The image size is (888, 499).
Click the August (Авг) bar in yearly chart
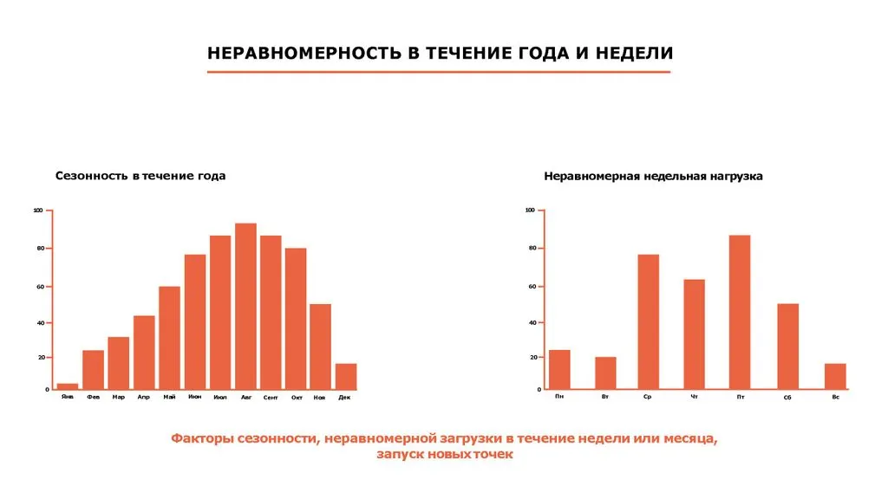(245, 307)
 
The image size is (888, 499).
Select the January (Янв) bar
(68, 386)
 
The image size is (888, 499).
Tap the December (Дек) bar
(345, 377)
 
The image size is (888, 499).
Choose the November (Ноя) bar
(320, 347)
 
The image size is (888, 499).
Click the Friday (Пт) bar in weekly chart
(739, 313)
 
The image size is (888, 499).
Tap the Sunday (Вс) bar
(835, 377)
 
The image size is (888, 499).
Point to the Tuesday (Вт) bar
(605, 373)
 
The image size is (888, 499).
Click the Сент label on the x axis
(271, 398)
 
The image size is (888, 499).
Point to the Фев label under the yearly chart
(94, 397)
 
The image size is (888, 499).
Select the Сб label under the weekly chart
(787, 398)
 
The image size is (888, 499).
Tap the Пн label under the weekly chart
(559, 396)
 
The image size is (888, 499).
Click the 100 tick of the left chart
(37, 211)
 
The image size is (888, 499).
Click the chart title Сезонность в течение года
(140, 176)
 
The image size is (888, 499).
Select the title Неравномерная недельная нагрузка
(653, 176)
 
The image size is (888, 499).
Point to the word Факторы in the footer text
(200, 439)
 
